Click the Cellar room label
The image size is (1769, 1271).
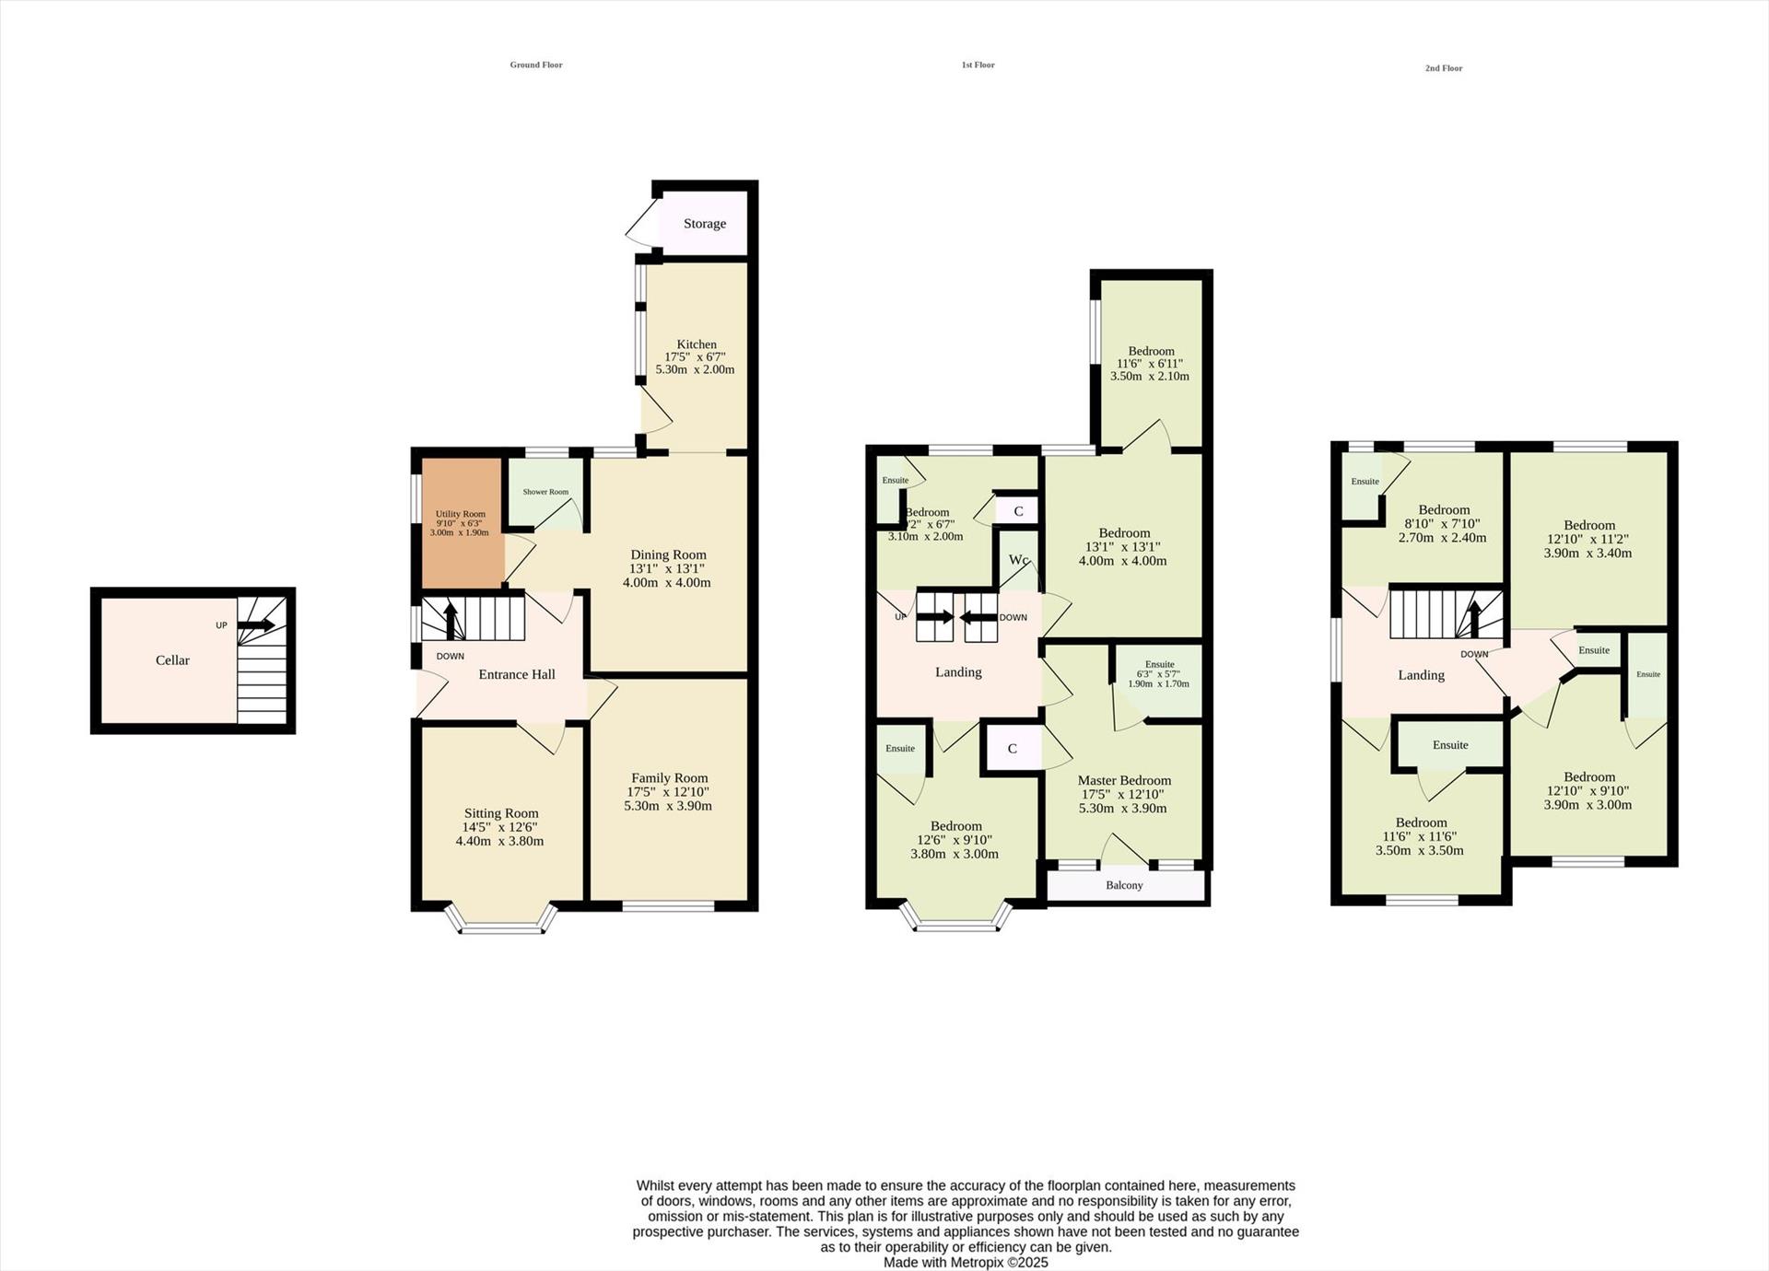(172, 660)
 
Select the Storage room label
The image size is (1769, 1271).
(705, 224)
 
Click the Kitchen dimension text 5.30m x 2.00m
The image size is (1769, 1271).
(695, 369)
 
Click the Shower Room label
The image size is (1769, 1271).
(545, 492)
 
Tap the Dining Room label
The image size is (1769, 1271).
(668, 554)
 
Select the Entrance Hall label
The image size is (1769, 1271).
(517, 674)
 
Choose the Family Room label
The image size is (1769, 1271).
(669, 778)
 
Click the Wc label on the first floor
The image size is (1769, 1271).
(1018, 560)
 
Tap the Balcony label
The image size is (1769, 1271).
(1124, 885)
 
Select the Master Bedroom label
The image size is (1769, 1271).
(1124, 780)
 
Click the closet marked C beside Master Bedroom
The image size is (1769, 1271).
(1012, 749)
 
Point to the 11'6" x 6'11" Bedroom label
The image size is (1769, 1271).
(1151, 351)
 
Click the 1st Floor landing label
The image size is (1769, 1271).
(958, 672)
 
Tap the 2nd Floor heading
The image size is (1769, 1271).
(1443, 68)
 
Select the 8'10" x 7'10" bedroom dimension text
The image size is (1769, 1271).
(1443, 524)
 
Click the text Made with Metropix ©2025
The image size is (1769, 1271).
(965, 1263)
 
